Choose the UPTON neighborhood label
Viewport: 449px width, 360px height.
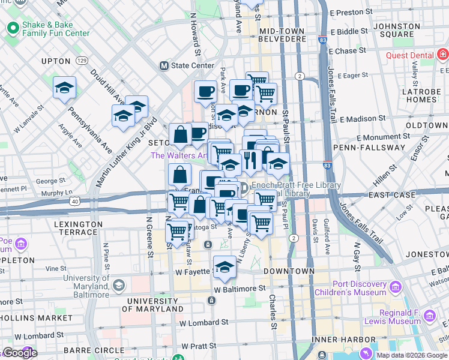pos(56,61)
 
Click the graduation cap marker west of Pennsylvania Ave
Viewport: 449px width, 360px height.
pos(64,88)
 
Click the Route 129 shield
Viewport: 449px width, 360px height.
pos(83,61)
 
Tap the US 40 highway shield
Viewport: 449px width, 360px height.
pos(74,202)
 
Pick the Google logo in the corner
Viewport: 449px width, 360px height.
pos(19,353)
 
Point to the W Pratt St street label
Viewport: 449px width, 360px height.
pos(198,346)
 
